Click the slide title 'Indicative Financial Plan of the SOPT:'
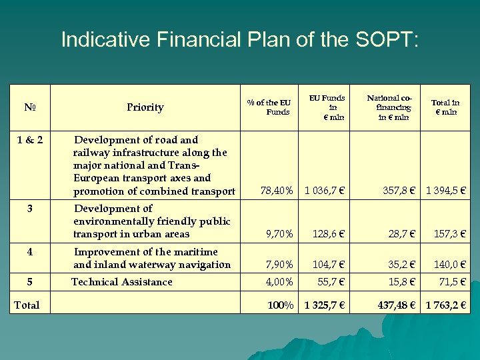[x=240, y=39]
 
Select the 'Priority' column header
[x=145, y=107]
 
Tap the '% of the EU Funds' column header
[x=269, y=107]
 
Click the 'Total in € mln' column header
[x=445, y=107]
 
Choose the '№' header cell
[x=29, y=107]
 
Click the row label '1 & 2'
[x=29, y=140]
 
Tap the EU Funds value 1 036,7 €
[x=325, y=191]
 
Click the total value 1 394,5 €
[x=445, y=191]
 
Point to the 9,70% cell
[x=279, y=234]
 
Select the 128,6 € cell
[x=328, y=234]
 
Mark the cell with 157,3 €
[x=449, y=234]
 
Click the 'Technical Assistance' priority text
[x=122, y=282]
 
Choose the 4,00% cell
[x=279, y=282]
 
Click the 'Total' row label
[x=27, y=305]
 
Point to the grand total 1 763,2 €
[x=445, y=305]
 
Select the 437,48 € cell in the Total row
[x=396, y=305]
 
